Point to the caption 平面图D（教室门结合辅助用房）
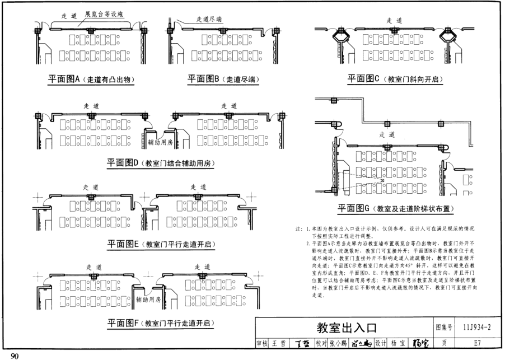click(161, 163)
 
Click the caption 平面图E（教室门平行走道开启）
click(161, 244)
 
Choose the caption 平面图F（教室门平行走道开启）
click(161, 323)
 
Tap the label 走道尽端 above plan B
click(209, 19)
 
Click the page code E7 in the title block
click(477, 343)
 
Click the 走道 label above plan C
click(394, 20)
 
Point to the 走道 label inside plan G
click(386, 134)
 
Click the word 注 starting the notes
click(297, 230)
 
